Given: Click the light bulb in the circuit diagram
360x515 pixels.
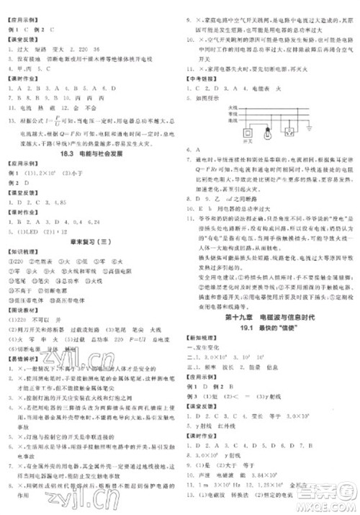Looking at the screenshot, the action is (266, 132).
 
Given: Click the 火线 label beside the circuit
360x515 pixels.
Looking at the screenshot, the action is (230, 108).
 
